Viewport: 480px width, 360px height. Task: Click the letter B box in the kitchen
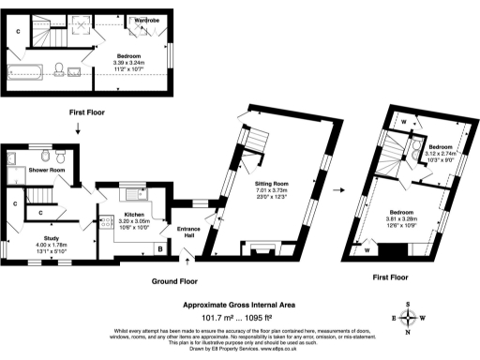[x=160, y=248]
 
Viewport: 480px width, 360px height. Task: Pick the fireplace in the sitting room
[x=257, y=249]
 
